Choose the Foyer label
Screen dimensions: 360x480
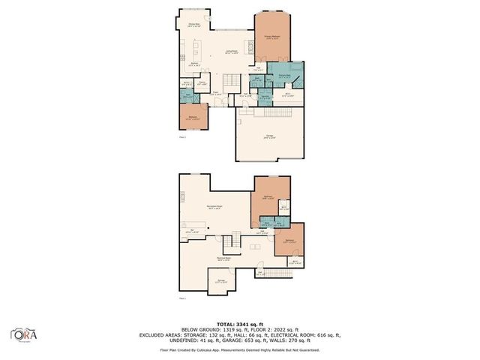pyautogui.click(x=216, y=94)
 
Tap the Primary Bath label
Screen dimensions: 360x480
pyautogui.click(x=285, y=76)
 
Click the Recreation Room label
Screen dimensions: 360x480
pyautogui.click(x=217, y=206)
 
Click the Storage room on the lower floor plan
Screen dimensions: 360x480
pyautogui.click(x=221, y=281)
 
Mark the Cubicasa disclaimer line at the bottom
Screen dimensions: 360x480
pyautogui.click(x=239, y=349)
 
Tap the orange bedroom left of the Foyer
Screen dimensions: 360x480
pyautogui.click(x=193, y=116)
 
